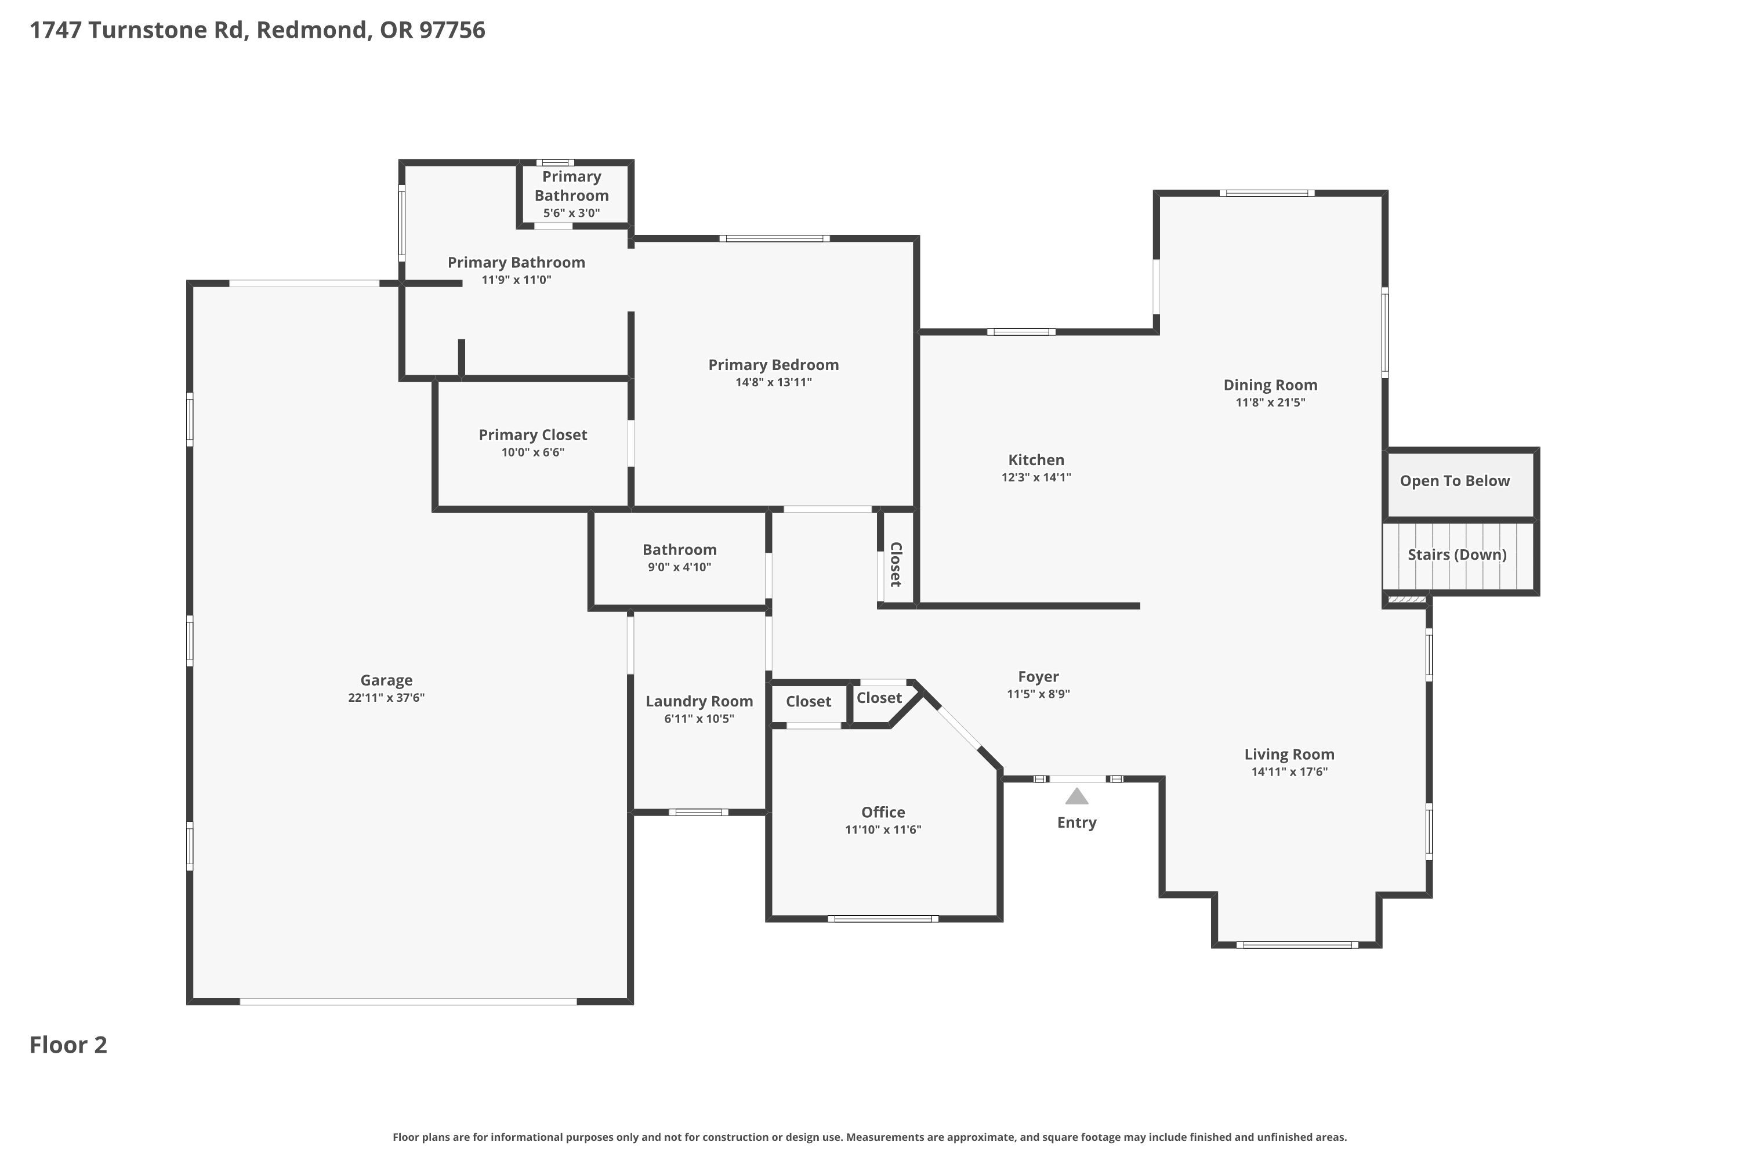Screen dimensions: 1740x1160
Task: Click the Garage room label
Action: coord(386,680)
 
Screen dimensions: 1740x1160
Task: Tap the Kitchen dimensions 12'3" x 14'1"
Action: coord(1036,478)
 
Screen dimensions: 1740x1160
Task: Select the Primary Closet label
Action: coord(532,435)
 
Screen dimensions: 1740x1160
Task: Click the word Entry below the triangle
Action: coord(1076,822)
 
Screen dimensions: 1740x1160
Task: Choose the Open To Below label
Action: coord(1455,481)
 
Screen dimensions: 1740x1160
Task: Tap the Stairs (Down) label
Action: coord(1456,555)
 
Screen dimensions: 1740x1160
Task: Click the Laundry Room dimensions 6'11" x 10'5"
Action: coord(699,719)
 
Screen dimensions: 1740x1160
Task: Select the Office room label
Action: coord(883,813)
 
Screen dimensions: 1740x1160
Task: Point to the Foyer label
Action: coord(1038,677)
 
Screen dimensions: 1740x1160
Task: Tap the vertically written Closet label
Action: coord(896,564)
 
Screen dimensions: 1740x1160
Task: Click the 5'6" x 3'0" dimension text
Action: coord(571,213)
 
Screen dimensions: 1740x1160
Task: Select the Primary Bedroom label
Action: coord(773,365)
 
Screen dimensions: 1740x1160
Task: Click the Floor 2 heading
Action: coord(68,1045)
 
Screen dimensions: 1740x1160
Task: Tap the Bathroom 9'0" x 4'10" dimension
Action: coord(679,567)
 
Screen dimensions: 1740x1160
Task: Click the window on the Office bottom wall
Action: coord(883,919)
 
